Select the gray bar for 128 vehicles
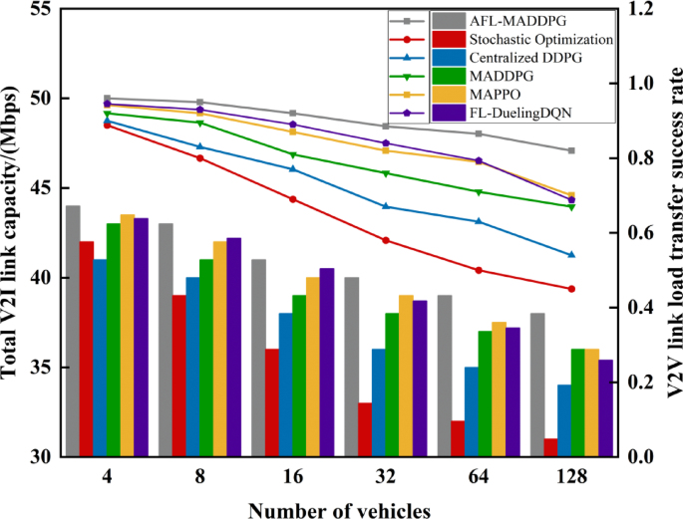pos(537,385)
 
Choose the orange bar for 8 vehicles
pos(219,349)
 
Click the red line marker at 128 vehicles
pos(571,289)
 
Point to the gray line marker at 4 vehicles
pos(107,99)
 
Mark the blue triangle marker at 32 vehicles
pos(386,206)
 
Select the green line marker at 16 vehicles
pos(293,154)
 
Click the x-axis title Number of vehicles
pos(339,508)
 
